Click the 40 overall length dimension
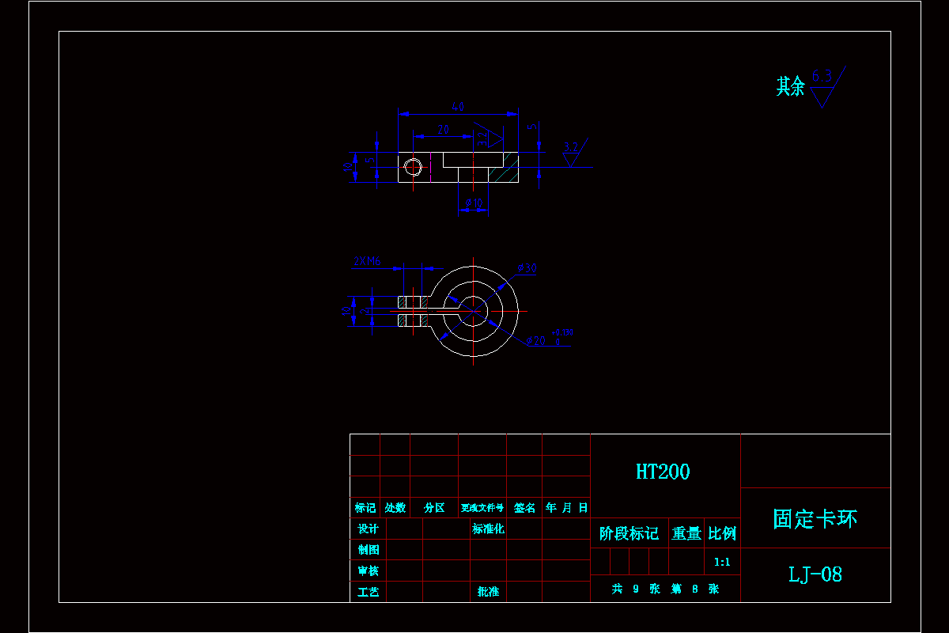tap(457, 106)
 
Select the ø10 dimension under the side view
tap(473, 203)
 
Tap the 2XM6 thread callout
tap(367, 260)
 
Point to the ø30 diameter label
tap(527, 268)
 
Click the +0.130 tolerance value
tap(562, 332)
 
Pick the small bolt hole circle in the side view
tap(413, 167)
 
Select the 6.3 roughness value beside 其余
tap(822, 77)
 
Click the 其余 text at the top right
tap(790, 86)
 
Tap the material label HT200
tap(663, 472)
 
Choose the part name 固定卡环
tap(815, 519)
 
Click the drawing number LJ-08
tap(815, 574)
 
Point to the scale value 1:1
tap(722, 563)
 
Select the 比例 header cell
tap(722, 533)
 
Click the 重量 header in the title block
tap(686, 533)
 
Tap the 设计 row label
tap(368, 529)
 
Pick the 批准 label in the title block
tap(488, 591)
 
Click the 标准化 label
tap(488, 529)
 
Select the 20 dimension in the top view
tap(443, 129)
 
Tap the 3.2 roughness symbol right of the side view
tap(572, 152)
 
